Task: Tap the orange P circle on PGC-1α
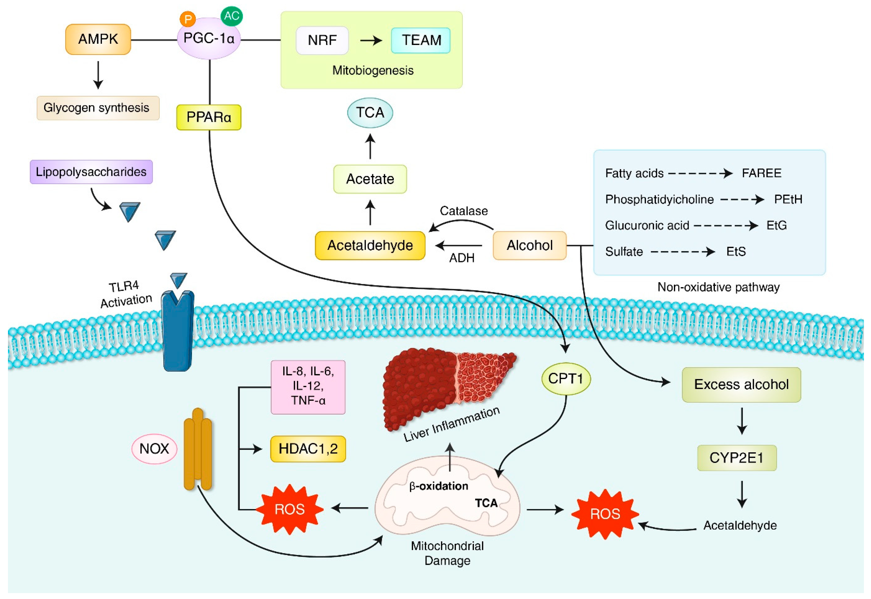[x=188, y=19]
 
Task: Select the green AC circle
[x=231, y=16]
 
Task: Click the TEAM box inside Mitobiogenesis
[x=421, y=40]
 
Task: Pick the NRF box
[x=322, y=40]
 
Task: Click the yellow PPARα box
[x=209, y=118]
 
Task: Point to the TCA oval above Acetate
[x=370, y=113]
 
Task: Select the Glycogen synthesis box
[x=98, y=108]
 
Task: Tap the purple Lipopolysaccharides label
[x=91, y=172]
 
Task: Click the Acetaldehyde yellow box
[x=370, y=246]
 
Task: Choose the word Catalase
[x=464, y=211]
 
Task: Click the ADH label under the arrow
[x=462, y=258]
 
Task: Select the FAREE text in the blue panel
[x=761, y=173]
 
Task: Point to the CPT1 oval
[x=566, y=379]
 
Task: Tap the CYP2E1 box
[x=737, y=458]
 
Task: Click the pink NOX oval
[x=154, y=449]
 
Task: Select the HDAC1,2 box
[x=308, y=449]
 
